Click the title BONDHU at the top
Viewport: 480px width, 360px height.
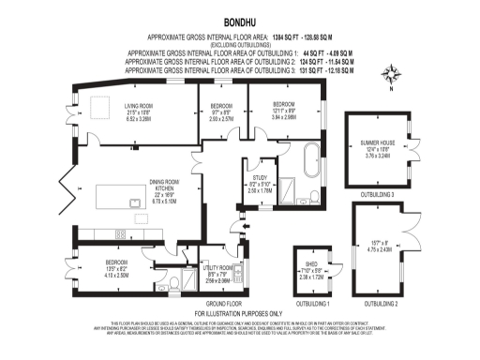click(x=240, y=19)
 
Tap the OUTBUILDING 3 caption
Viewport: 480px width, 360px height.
click(x=379, y=194)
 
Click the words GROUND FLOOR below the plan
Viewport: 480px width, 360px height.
click(x=218, y=304)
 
